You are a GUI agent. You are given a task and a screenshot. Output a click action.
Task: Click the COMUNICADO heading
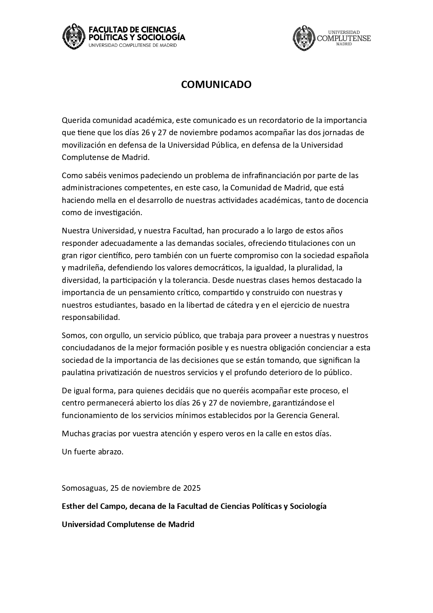(x=216, y=85)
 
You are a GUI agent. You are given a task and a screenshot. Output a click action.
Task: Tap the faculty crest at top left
(x=74, y=36)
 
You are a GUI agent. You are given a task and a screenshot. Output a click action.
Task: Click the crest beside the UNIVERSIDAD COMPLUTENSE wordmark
(x=304, y=38)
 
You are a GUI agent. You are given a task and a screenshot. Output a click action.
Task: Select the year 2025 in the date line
(x=192, y=488)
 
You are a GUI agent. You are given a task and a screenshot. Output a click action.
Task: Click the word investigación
(x=112, y=213)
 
